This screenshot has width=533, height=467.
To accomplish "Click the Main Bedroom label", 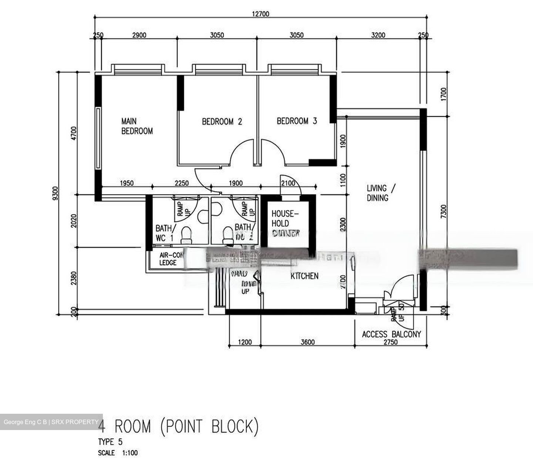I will [x=137, y=126].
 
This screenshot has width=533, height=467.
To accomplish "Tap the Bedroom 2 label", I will [x=222, y=122].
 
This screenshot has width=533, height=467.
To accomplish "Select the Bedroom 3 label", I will [x=297, y=121].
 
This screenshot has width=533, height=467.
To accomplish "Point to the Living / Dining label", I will [x=381, y=193].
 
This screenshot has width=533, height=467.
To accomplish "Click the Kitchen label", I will [x=304, y=276].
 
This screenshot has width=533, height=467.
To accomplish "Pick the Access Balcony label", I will [x=391, y=334].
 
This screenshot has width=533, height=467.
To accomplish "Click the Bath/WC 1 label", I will [x=164, y=233].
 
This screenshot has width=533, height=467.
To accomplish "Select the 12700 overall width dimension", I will [x=261, y=14].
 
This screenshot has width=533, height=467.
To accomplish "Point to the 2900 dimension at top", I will [x=139, y=35].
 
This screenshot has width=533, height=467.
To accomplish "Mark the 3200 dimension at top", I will [x=378, y=35].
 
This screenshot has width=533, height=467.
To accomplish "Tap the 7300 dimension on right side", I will [x=444, y=212].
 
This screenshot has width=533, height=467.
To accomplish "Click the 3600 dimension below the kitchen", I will [x=308, y=342].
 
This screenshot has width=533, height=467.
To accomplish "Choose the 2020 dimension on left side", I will [x=74, y=221].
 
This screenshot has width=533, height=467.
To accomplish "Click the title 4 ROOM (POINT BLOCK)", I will [x=178, y=426].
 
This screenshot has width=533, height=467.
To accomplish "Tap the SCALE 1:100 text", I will [x=118, y=453].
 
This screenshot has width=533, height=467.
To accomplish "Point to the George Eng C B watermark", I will [x=51, y=422].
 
